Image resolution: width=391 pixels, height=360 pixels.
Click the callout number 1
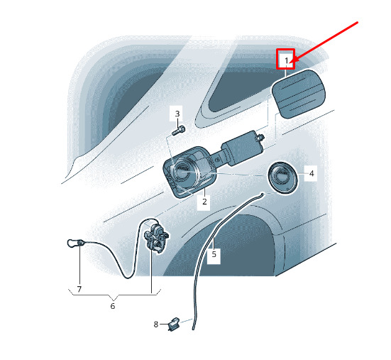pos(287,60)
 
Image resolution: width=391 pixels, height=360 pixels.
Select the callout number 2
pos(204,202)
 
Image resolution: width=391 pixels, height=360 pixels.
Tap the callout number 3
pos(177,114)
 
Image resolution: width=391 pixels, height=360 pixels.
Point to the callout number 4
pos(312,173)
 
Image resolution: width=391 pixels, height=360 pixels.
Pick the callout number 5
pos(214,254)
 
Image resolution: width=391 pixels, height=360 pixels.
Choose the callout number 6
pos(113,306)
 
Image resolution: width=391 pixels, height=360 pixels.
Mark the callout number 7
pos(79,289)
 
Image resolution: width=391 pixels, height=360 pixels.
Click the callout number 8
pos(156,324)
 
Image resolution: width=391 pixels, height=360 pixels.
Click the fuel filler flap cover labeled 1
pos(299,94)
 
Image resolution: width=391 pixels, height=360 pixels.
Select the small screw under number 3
pos(179,131)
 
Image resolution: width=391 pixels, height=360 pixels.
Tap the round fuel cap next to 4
pos(282,177)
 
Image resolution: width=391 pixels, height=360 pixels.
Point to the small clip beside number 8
pos(175,324)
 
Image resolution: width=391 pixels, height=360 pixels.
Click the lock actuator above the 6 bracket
pos(156,239)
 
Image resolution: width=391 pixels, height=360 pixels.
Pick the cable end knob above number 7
pos(75,243)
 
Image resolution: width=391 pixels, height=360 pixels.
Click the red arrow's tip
pos(292,62)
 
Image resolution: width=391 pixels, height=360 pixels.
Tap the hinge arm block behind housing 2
pos(242,148)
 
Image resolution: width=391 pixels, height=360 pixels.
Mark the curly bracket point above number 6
pos(114,300)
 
